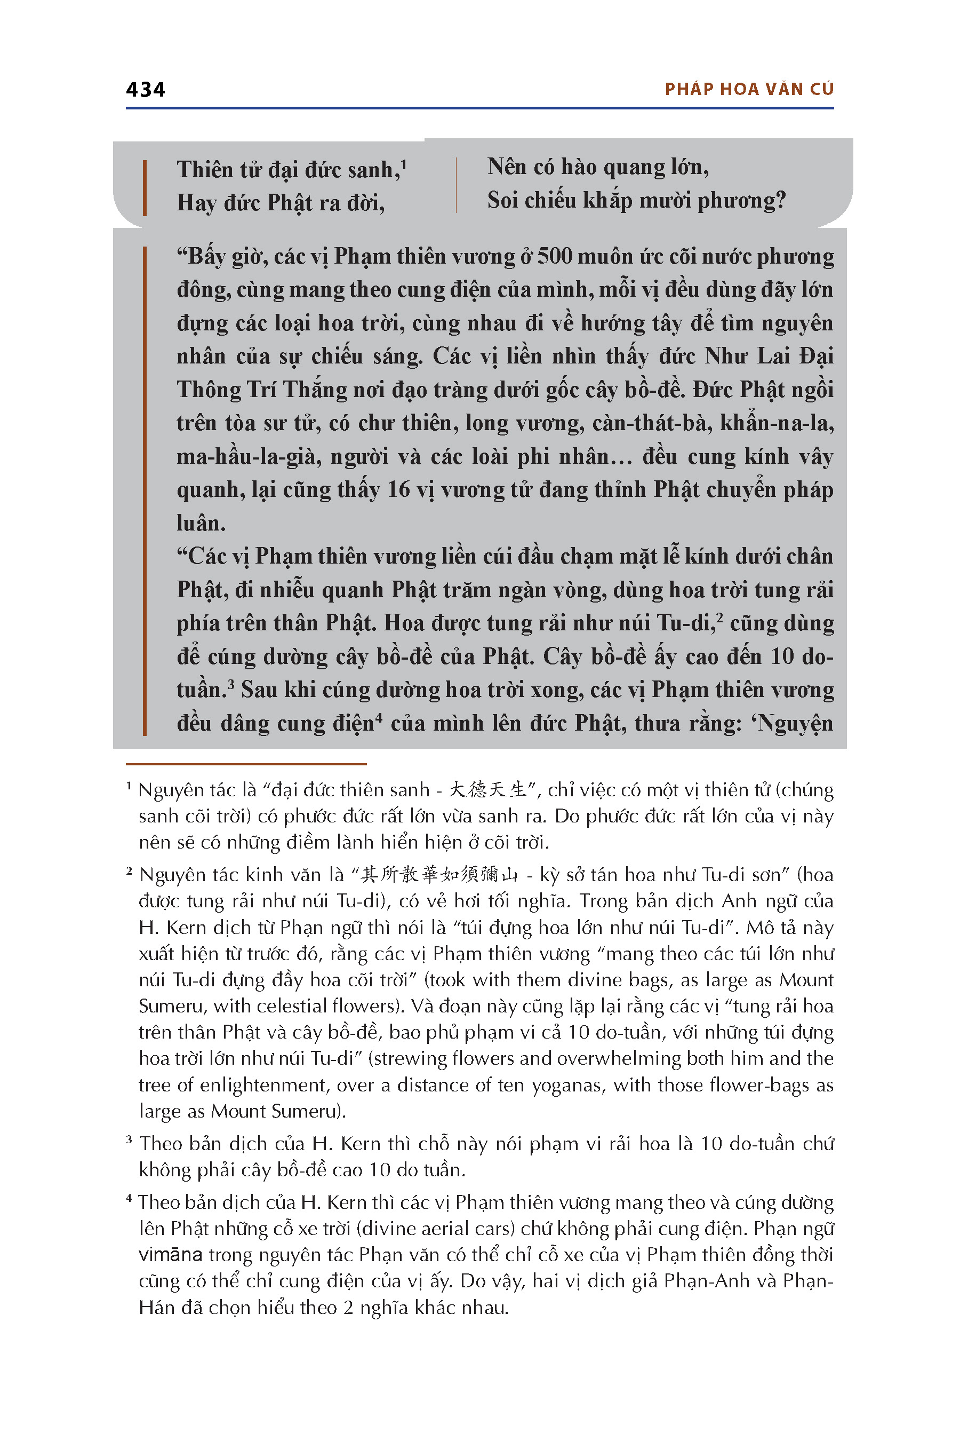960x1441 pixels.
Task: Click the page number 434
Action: click(x=145, y=90)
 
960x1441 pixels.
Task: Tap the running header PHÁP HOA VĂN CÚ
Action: click(x=749, y=90)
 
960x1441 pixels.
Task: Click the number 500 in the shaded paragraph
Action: click(x=555, y=257)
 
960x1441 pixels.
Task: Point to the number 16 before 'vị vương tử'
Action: click(x=398, y=490)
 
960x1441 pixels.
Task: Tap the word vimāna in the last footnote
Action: click(x=170, y=1255)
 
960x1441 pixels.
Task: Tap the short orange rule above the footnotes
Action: click(x=246, y=764)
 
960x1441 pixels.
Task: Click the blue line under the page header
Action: click(x=479, y=108)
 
